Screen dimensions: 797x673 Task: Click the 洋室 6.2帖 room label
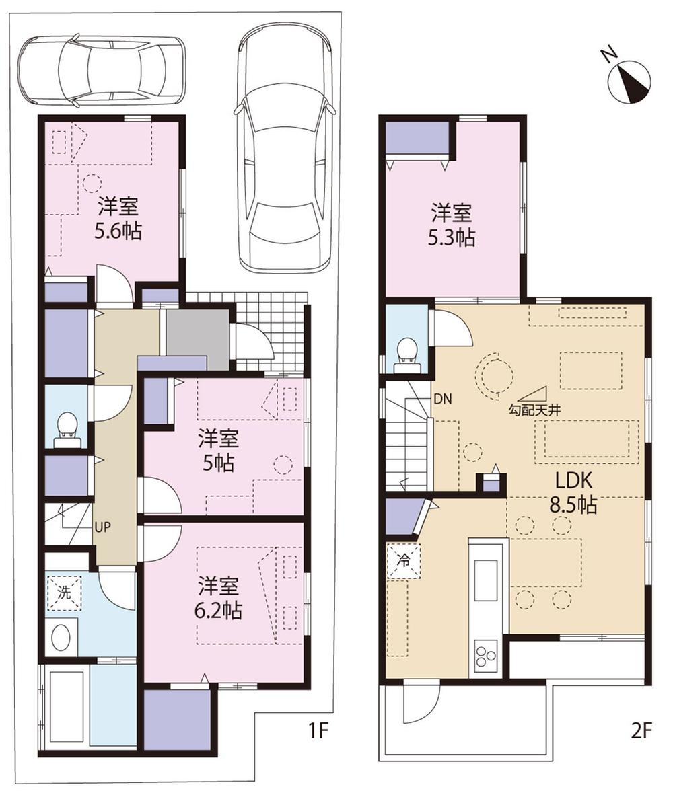point(219,598)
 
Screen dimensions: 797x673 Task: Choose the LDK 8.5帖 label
point(573,493)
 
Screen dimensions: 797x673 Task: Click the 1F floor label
point(318,731)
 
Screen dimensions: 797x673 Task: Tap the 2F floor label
point(641,731)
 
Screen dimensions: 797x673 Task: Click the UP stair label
point(103,527)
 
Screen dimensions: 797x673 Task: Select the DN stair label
point(442,399)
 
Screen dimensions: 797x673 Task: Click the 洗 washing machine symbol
point(63,594)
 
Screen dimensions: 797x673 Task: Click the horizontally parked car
point(102,71)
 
